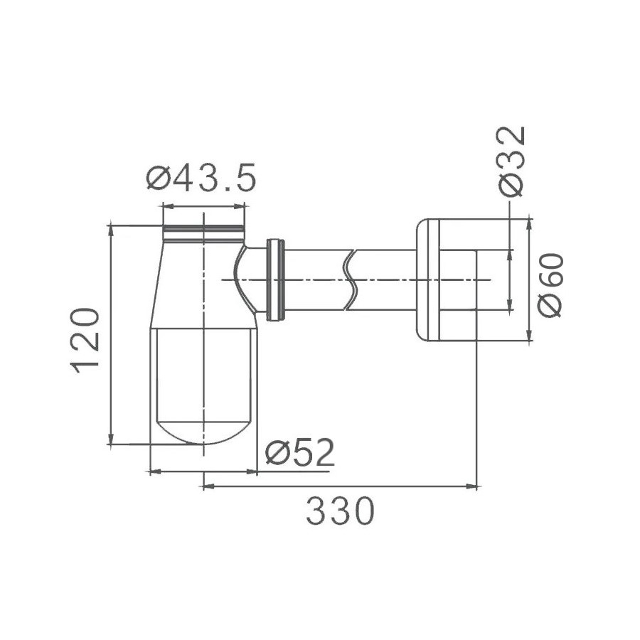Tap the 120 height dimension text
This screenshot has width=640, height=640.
click(85, 341)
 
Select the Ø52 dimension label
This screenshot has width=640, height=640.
click(300, 452)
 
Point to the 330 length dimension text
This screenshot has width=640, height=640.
click(340, 511)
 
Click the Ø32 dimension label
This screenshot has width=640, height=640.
click(511, 161)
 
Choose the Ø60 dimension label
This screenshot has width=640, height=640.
click(550, 285)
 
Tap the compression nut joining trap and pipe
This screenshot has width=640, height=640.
click(275, 280)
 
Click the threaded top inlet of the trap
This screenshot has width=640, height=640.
click(203, 233)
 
